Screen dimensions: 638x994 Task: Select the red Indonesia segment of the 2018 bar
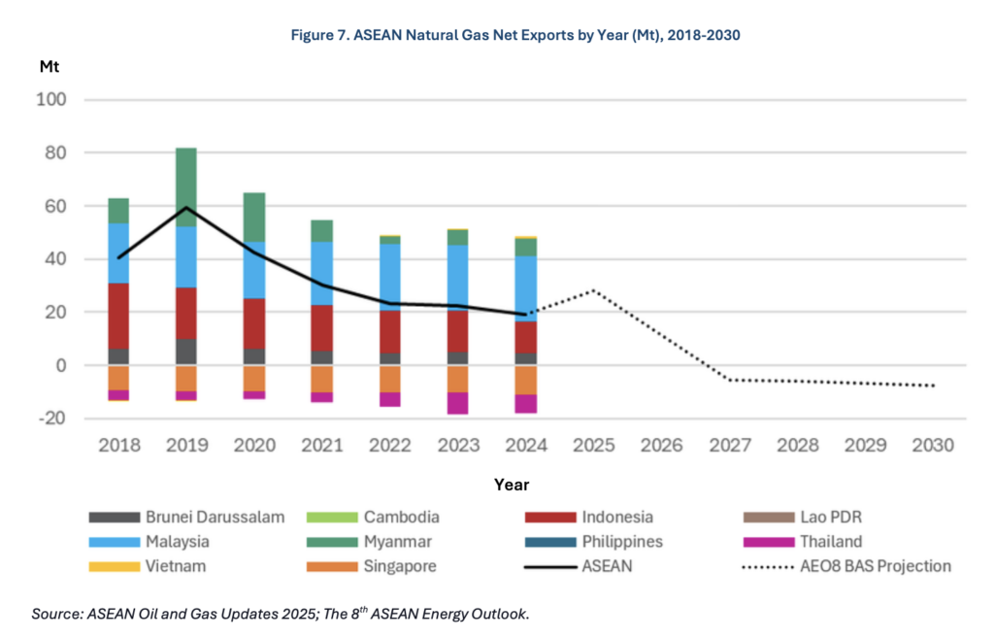[118, 316]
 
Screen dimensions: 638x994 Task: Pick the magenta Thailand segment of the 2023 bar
[457, 403]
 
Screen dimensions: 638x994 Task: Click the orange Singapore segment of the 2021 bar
[321, 379]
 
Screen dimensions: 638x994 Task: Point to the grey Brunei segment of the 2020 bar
[253, 357]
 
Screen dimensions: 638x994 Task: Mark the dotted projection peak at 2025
[593, 290]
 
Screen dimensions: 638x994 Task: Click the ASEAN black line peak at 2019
[185, 208]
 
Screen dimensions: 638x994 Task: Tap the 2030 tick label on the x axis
[933, 446]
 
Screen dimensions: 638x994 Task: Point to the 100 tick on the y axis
[50, 100]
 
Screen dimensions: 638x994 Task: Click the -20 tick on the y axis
[50, 419]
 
